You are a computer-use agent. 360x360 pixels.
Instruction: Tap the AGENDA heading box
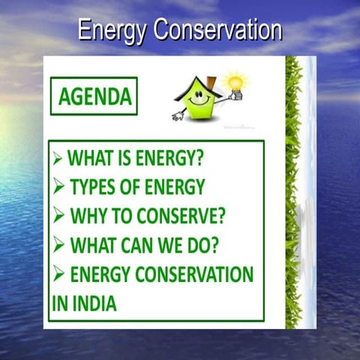point(94,96)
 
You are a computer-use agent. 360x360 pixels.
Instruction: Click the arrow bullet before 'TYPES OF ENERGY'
point(59,187)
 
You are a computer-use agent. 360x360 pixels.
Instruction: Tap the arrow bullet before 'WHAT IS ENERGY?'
point(58,159)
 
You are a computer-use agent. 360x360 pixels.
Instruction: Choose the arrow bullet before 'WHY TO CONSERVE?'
point(59,216)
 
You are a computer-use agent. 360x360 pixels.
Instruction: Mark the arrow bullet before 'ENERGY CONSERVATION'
point(59,274)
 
